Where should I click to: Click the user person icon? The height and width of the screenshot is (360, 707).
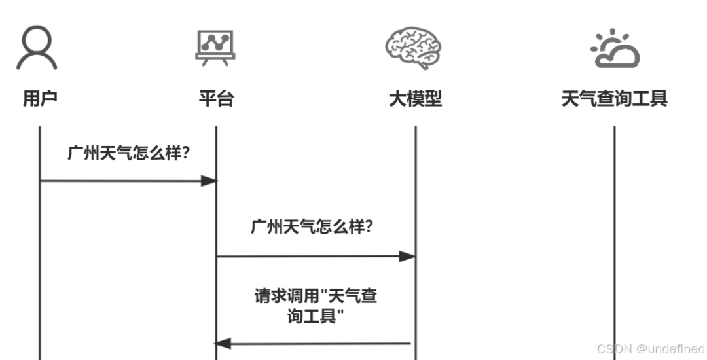pyautogui.click(x=37, y=48)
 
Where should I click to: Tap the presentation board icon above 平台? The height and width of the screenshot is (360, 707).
pyautogui.click(x=215, y=48)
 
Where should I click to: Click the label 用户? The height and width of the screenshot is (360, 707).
pyautogui.click(x=40, y=99)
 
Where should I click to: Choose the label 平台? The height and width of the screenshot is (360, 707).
pyautogui.click(x=216, y=99)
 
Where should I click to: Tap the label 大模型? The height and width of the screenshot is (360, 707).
pyautogui.click(x=415, y=99)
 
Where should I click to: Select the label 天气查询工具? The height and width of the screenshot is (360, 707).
pyautogui.click(x=614, y=99)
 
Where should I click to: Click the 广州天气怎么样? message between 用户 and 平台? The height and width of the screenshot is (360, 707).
pyautogui.click(x=129, y=153)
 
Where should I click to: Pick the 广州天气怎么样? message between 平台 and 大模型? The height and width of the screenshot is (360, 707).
pyautogui.click(x=312, y=227)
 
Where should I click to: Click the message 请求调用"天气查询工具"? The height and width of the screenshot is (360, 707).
pyautogui.click(x=316, y=306)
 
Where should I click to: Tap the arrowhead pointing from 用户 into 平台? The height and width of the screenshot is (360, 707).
pyautogui.click(x=209, y=181)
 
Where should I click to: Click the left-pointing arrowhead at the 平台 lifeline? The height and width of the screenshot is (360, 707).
pyautogui.click(x=223, y=342)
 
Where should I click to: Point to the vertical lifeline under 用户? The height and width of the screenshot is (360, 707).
pyautogui.click(x=40, y=262)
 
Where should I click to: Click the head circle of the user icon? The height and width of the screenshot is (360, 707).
pyautogui.click(x=37, y=40)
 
